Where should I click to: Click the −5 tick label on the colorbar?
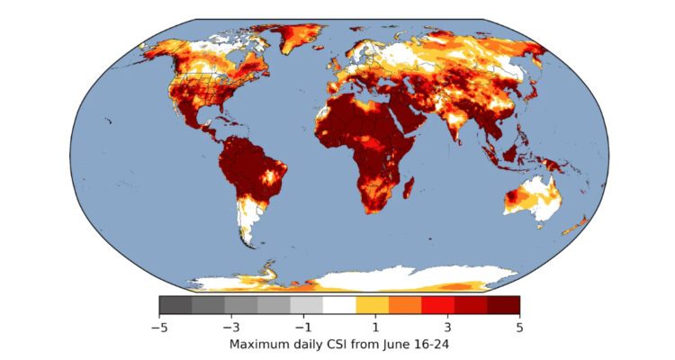(159, 328)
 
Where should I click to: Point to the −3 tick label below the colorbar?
(229, 328)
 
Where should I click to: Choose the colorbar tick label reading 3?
(448, 328)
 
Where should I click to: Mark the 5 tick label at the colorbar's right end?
(519, 328)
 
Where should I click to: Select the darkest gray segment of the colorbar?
(175, 305)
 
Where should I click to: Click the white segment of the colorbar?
(339, 305)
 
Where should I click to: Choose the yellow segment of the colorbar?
(372, 305)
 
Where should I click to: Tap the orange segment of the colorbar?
(405, 305)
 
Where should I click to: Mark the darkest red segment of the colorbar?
(503, 305)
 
